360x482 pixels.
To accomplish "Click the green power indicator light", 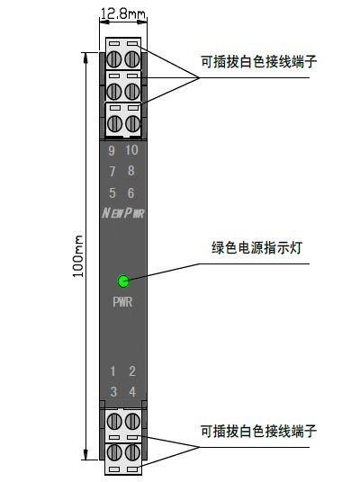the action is (123, 281).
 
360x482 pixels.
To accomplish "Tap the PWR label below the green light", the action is (122, 302).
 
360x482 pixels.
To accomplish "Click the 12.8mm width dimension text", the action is (123, 13).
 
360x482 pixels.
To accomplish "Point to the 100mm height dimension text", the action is (77, 256).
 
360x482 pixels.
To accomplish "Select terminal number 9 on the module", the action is (112, 151).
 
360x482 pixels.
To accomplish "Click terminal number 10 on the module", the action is (131, 150).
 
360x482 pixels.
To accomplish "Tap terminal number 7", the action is (112, 171).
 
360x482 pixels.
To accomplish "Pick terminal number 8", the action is (131, 171).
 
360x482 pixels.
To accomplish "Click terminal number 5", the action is (112, 193).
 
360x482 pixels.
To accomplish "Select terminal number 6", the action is (130, 193).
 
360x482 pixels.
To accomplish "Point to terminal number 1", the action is (112, 371).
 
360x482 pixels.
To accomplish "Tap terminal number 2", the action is (132, 371).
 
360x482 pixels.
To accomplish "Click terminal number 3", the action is (113, 392).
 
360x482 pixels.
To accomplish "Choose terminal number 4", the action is (132, 392).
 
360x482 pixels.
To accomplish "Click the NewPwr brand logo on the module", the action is (123, 213).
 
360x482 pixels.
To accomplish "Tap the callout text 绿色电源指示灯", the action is (256, 248).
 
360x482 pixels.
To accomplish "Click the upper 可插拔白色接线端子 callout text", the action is (258, 61).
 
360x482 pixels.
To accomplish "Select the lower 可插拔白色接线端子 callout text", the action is (258, 431).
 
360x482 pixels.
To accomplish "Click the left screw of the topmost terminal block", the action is (114, 59).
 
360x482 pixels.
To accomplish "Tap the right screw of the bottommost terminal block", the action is (132, 452).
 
